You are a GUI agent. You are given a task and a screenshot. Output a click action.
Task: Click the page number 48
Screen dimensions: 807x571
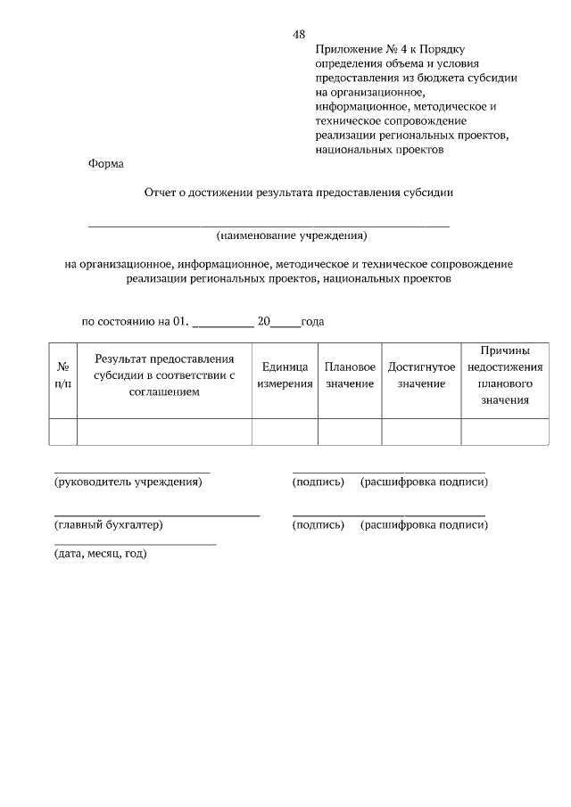[299, 35]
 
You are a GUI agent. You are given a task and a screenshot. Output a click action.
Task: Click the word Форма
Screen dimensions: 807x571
[106, 163]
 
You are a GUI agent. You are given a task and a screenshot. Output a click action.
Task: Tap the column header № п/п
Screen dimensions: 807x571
[63, 375]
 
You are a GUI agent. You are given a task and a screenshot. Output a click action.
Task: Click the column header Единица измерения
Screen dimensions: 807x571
[285, 375]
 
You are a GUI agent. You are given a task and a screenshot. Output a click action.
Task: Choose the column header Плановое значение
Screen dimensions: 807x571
[350, 375]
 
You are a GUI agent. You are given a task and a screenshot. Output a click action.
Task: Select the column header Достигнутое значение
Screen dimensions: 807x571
[421, 375]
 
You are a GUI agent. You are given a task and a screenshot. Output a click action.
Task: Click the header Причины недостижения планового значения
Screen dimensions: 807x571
[505, 375]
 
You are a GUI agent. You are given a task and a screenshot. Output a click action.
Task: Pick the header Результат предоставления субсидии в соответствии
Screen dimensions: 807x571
[164, 375]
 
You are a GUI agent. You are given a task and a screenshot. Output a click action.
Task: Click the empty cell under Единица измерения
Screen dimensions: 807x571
[285, 432]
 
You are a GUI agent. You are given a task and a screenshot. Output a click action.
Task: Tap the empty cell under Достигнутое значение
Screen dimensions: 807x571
[421, 432]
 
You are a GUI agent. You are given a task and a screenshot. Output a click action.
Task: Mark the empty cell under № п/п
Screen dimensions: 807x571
[63, 432]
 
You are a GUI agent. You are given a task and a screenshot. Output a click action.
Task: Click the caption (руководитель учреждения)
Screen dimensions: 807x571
[128, 482]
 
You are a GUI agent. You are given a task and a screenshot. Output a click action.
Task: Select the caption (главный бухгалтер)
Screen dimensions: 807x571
[109, 525]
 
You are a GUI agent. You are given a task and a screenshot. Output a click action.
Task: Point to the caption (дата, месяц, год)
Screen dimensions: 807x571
[101, 554]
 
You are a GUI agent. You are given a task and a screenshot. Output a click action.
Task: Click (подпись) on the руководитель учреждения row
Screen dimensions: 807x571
[319, 482]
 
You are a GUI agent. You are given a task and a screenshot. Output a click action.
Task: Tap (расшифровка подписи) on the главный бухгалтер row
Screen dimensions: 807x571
[424, 525]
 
